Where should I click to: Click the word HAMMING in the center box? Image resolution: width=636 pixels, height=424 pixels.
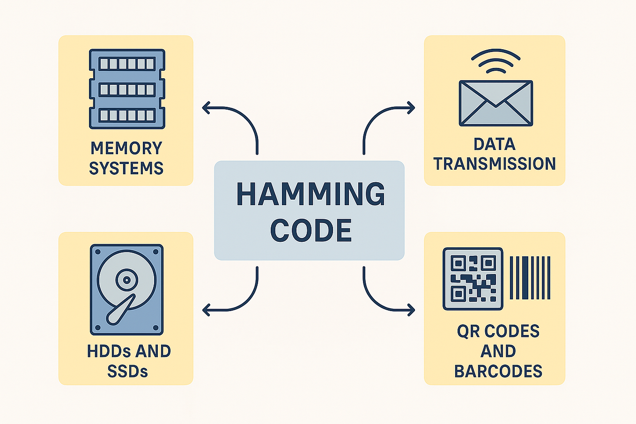pos(311,193)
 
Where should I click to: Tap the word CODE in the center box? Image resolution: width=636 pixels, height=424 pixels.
pos(311,231)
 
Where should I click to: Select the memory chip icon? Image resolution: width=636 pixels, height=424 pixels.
pos(127,89)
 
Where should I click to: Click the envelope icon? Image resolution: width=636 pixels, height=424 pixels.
pos(495,103)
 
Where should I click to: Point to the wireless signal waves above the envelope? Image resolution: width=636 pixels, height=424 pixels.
pos(495,61)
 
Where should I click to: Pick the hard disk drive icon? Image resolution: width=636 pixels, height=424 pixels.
pos(126,289)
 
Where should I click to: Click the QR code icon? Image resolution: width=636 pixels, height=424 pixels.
pos(473,279)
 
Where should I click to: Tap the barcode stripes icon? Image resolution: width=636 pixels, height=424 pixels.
pos(530,278)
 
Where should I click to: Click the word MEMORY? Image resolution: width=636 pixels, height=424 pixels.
pos(126,148)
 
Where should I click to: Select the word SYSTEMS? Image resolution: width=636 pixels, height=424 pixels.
pos(126,168)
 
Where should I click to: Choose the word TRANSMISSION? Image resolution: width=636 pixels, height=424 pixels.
pos(495,164)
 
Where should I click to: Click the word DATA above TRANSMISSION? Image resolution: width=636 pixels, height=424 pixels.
pos(495,144)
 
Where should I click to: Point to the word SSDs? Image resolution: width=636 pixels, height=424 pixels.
pos(127,372)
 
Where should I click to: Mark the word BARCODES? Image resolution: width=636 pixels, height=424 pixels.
pos(498,372)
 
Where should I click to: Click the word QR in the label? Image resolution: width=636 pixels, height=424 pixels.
pos(468,331)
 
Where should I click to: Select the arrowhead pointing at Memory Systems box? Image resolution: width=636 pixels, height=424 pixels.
pos(206,108)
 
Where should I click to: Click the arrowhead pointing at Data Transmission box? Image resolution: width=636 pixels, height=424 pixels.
pos(411,108)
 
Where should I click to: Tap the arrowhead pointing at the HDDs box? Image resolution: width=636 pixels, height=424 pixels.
pos(206,310)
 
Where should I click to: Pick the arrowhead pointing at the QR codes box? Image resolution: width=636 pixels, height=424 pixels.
pos(411,310)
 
